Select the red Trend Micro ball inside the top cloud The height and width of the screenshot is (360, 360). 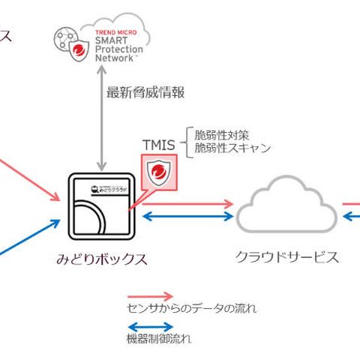click(x=79, y=51)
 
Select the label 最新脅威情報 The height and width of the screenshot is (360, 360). click(x=145, y=92)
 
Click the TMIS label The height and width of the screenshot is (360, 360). click(x=158, y=143)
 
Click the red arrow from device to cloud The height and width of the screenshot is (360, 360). click(x=187, y=202)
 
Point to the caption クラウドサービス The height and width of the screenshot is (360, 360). click(x=287, y=257)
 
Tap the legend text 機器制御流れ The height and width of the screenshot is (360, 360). click(x=158, y=338)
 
